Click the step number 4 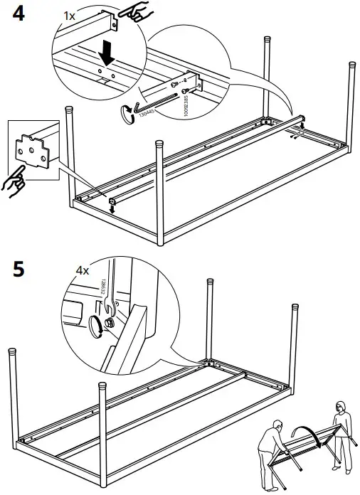coord(16,14)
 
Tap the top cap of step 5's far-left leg coord(13,353)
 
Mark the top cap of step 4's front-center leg coord(158,147)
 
